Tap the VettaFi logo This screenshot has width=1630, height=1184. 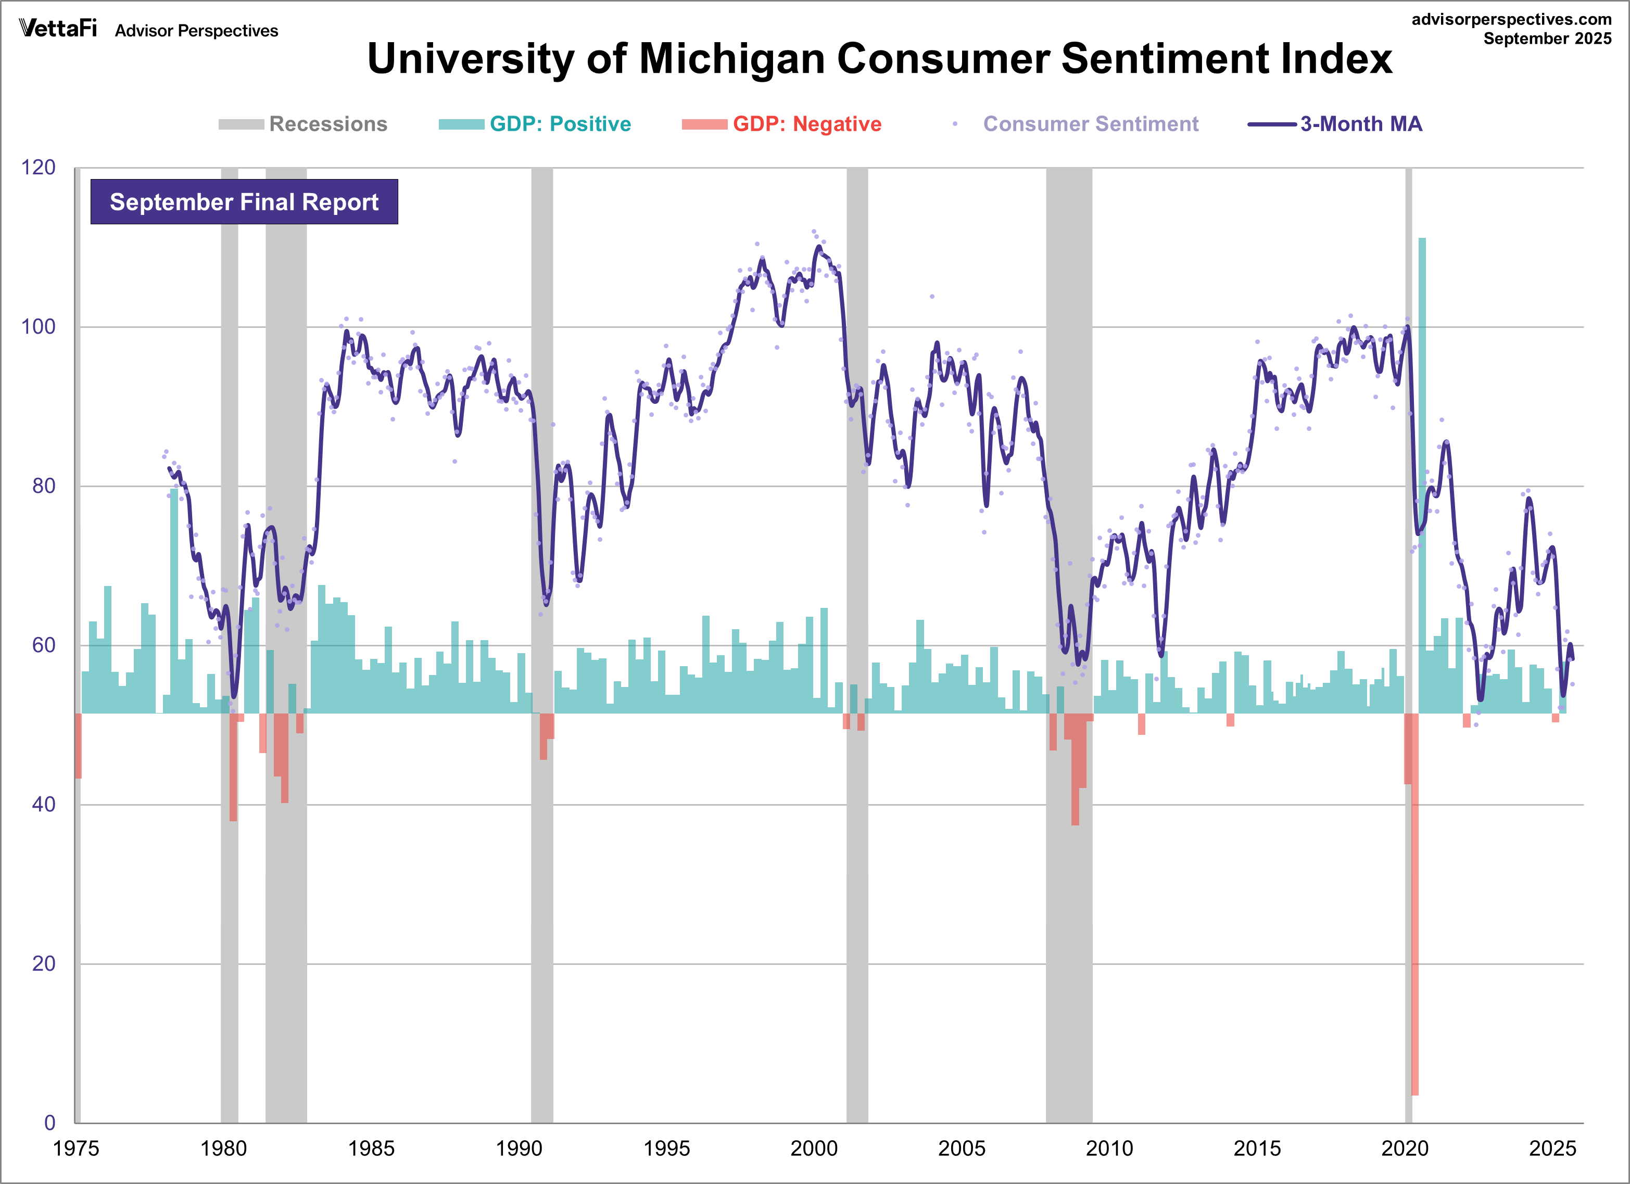pos(57,28)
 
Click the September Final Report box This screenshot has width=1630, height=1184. pos(244,202)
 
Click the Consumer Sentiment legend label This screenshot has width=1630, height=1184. pos(1090,124)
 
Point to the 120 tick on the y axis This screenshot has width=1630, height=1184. pos(38,168)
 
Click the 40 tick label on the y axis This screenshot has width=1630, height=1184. pos(43,804)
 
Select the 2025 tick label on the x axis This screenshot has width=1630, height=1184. pos(1552,1148)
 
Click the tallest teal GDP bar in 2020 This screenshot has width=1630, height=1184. pos(1422,474)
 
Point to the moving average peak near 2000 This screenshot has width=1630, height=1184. pos(818,247)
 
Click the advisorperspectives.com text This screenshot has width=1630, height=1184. pos(1511,19)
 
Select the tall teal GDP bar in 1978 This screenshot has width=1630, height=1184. pos(174,600)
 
